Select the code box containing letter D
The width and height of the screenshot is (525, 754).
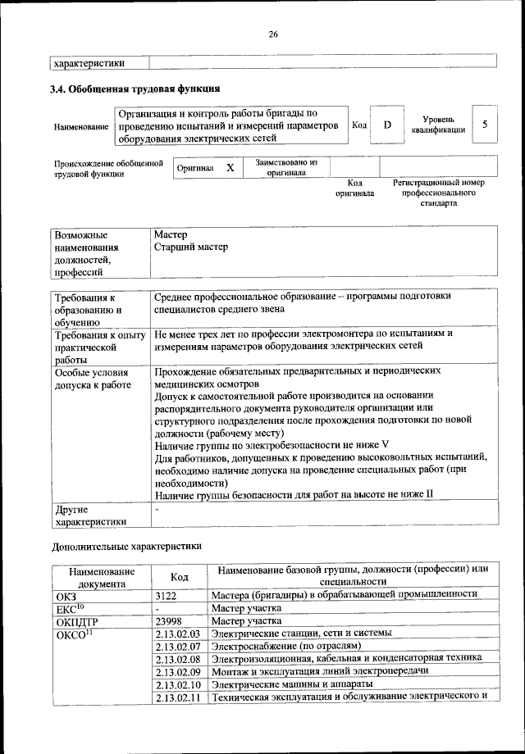point(387,125)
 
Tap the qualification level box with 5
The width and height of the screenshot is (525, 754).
point(485,125)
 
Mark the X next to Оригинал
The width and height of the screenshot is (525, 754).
point(231,167)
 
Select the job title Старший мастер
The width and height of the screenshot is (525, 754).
point(190,247)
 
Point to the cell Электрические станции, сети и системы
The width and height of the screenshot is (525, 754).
point(301,634)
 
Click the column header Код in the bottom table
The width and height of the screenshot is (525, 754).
point(179,577)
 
